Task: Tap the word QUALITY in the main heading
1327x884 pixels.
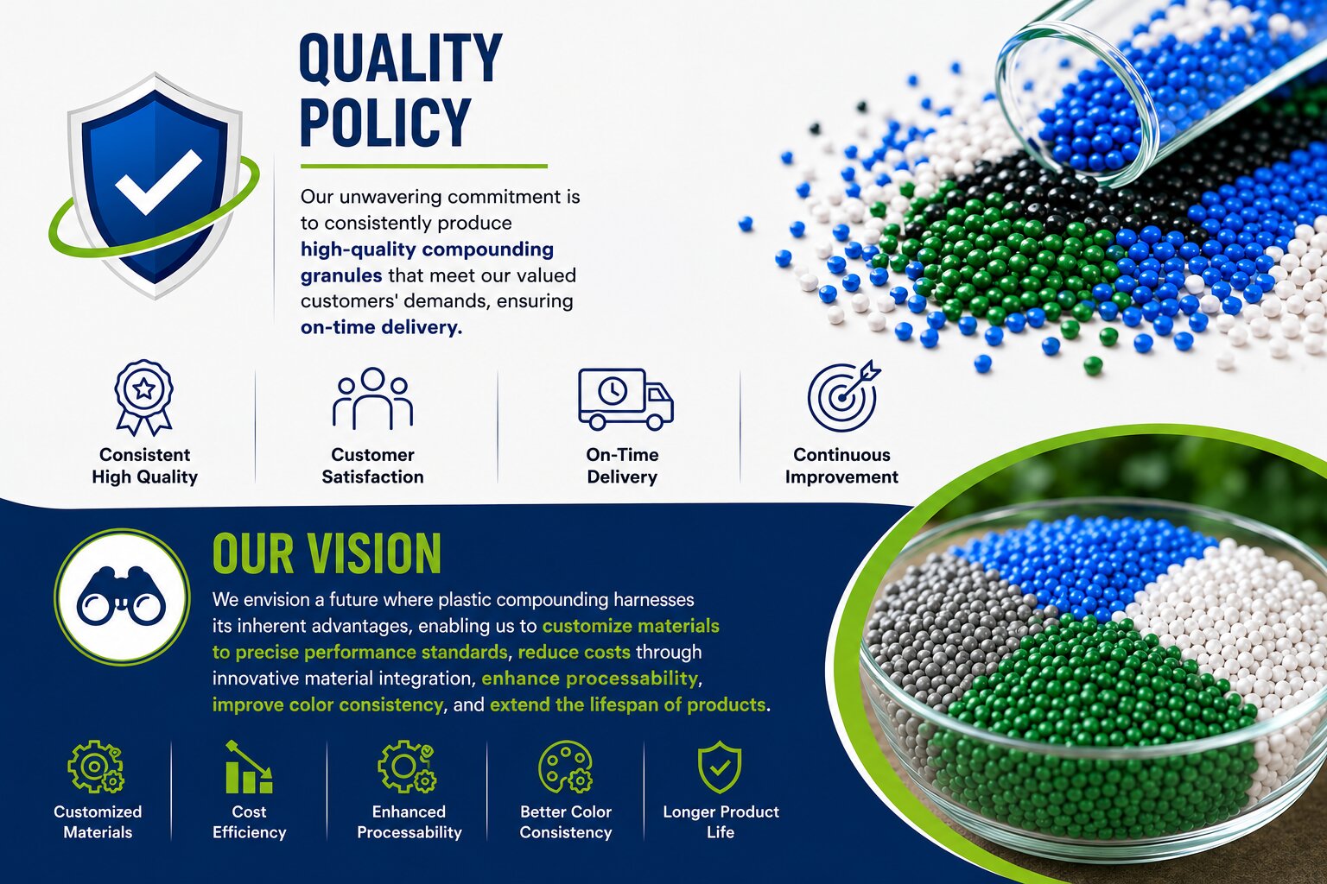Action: tap(401, 58)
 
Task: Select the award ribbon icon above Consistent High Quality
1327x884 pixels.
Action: tap(144, 397)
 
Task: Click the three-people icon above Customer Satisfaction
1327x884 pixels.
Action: tap(372, 399)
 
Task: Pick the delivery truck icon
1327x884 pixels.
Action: tap(625, 399)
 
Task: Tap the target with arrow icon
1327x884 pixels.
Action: tap(843, 395)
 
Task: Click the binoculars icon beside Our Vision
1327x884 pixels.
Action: tap(122, 597)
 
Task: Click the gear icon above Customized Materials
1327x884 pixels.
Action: tap(95, 767)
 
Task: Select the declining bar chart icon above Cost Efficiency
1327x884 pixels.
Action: tap(249, 767)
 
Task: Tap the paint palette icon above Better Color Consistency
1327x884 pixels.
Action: tap(565, 767)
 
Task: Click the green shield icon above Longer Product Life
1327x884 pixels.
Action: tap(720, 767)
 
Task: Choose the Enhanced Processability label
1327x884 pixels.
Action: tap(410, 822)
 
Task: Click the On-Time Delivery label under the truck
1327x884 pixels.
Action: tap(622, 465)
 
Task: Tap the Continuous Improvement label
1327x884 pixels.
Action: tap(841, 465)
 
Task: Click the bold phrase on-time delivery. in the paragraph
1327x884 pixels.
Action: tap(381, 327)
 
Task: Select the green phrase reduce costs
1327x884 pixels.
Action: tap(574, 652)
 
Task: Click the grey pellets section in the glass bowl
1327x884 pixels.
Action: tap(942, 628)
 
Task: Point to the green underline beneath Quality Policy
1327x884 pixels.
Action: tap(423, 167)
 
